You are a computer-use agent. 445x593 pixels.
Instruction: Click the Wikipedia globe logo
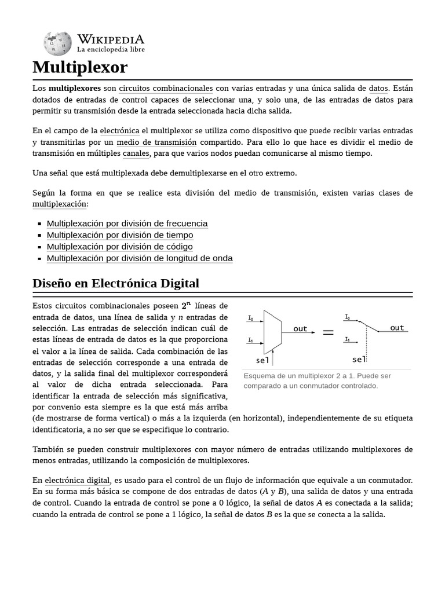pyautogui.click(x=57, y=43)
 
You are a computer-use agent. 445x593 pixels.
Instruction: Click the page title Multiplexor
pyautogui.click(x=80, y=67)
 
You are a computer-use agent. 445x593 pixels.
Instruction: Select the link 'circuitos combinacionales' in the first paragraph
pyautogui.click(x=166, y=89)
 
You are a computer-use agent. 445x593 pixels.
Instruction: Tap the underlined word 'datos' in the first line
pyautogui.click(x=378, y=89)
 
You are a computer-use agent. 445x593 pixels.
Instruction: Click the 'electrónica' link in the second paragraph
pyautogui.click(x=119, y=131)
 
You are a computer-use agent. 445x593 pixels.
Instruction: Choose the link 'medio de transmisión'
pyautogui.click(x=156, y=142)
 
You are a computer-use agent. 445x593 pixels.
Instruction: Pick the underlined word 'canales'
pyautogui.click(x=136, y=153)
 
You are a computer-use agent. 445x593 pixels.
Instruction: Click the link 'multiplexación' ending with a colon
pyautogui.click(x=59, y=204)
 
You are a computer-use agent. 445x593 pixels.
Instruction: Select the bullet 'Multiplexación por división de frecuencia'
pyautogui.click(x=127, y=224)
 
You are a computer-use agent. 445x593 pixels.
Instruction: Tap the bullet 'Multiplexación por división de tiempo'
pyautogui.click(x=120, y=235)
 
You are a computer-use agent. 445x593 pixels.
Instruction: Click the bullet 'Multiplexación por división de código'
pyautogui.click(x=119, y=247)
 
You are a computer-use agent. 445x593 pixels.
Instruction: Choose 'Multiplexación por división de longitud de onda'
pyautogui.click(x=140, y=258)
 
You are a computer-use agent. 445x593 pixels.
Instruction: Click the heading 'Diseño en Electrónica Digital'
pyautogui.click(x=116, y=284)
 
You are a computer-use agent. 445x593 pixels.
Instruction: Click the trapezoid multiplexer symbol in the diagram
pyautogui.click(x=272, y=332)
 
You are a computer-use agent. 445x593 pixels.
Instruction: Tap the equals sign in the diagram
pyautogui.click(x=329, y=332)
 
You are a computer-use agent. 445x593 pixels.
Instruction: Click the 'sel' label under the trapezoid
pyautogui.click(x=262, y=360)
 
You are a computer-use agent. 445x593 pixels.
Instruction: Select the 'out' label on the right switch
pyautogui.click(x=397, y=328)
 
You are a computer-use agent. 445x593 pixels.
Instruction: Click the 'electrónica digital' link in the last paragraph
pyautogui.click(x=77, y=480)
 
